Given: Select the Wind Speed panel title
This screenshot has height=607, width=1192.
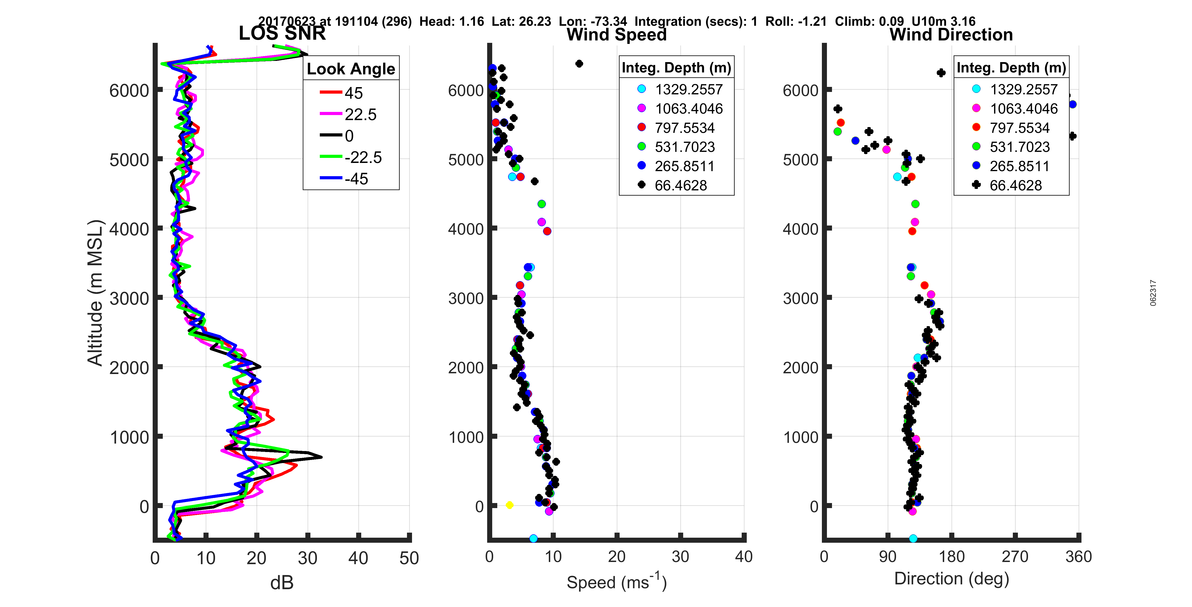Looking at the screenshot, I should click(616, 35).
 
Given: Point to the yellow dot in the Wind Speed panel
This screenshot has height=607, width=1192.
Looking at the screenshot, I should click(509, 505).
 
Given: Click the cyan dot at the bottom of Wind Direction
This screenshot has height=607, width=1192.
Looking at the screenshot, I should click(913, 538).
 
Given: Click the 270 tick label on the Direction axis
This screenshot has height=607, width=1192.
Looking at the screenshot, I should click(1015, 556).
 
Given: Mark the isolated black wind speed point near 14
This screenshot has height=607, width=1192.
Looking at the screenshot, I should click(579, 63).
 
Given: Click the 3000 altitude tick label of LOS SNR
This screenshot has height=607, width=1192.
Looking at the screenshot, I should click(129, 298).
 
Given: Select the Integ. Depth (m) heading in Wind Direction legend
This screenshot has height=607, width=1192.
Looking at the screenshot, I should click(1011, 68).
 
